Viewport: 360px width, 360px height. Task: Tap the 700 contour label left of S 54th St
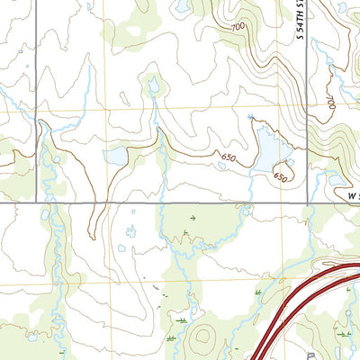coord(238,28)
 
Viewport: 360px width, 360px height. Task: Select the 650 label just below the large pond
coord(279,177)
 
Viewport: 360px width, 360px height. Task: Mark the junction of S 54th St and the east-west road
coord(308,204)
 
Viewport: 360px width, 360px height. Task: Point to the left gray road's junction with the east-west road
coord(37,204)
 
